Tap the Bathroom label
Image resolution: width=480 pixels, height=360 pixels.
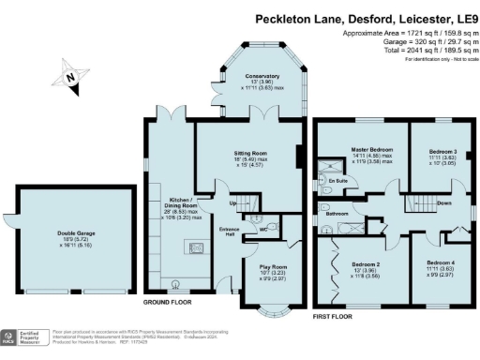337,214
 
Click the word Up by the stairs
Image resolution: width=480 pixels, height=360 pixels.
232,202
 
